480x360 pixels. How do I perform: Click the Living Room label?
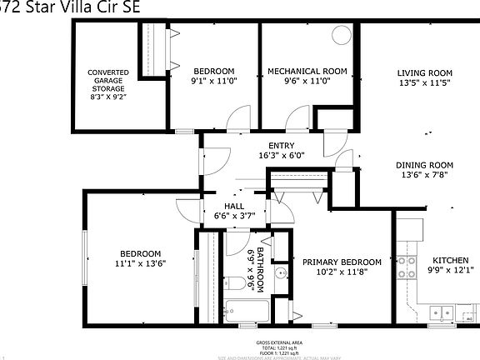423,72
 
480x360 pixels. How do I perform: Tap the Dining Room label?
423,165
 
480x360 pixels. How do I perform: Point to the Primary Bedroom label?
341,260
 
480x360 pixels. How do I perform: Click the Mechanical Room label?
307,72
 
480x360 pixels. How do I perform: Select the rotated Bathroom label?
260,270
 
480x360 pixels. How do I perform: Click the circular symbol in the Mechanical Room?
342,36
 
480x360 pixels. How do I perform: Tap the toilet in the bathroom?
238,283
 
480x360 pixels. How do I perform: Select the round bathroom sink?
281,272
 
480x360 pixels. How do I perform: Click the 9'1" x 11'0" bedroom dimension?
213,82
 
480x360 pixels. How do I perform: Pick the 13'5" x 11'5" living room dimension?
423,82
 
